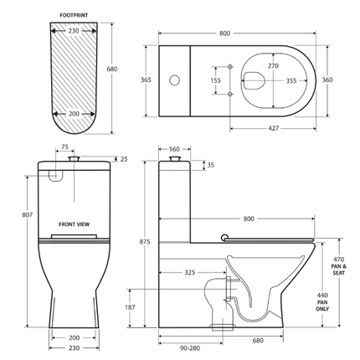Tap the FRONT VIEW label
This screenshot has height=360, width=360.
[74, 224]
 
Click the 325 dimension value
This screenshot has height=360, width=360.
[192, 273]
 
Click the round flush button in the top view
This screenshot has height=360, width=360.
[176, 80]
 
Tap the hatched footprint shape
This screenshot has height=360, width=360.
[71, 84]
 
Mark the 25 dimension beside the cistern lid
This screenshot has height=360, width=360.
[125, 158]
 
